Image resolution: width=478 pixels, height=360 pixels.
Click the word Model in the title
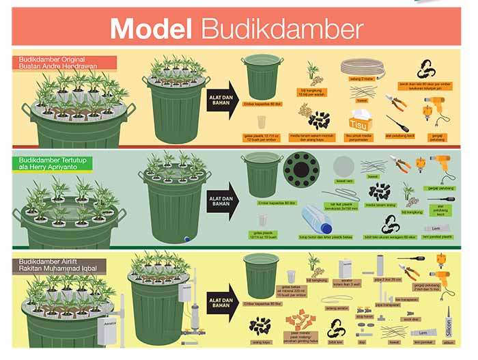[x=152, y=29]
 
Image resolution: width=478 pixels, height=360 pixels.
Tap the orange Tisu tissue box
[x=358, y=122]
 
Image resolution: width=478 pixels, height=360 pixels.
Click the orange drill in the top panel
[x=434, y=106]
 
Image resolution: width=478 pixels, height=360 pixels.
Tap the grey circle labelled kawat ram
[x=343, y=167]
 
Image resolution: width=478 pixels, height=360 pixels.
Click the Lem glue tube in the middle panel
[x=436, y=228]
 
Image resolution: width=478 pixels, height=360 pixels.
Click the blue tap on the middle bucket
[x=186, y=239]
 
